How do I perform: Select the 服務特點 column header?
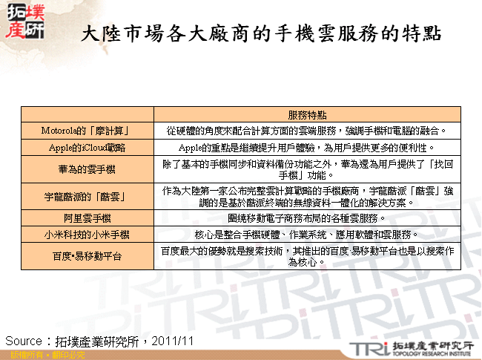[307, 115]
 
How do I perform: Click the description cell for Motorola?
[307, 131]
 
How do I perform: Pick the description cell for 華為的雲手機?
[307, 169]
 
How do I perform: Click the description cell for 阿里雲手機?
[307, 218]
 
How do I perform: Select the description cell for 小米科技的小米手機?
[307, 235]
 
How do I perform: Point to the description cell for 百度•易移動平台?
[307, 256]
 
